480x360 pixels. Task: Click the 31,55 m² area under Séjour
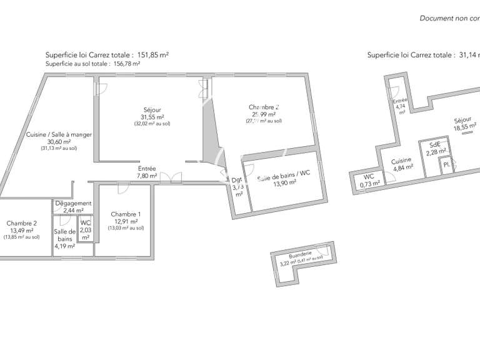click(152, 117)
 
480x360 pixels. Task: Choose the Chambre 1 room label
click(126, 214)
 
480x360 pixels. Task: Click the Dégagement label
click(73, 204)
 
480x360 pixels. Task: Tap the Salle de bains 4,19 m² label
click(64, 238)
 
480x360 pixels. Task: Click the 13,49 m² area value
click(22, 230)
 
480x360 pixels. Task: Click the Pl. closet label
click(447, 165)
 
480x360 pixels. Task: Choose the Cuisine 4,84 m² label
click(401, 164)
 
